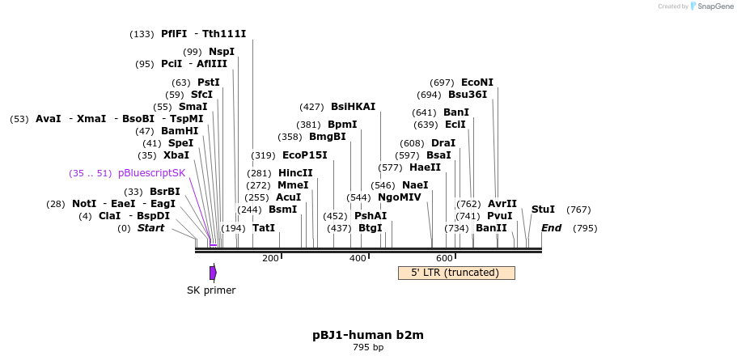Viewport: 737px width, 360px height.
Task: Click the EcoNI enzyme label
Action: tap(477, 83)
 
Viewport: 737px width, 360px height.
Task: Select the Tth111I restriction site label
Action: tap(224, 34)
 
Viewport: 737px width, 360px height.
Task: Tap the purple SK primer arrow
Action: tap(213, 273)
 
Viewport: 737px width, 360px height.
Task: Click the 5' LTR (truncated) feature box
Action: tap(456, 273)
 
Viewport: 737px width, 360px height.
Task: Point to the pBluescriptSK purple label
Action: tap(151, 173)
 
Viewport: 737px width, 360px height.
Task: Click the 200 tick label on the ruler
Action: tap(270, 258)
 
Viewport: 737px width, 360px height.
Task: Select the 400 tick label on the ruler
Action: tap(358, 258)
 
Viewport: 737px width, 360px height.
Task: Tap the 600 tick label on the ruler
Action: tap(444, 258)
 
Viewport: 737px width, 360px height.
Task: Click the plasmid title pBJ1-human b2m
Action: tap(368, 335)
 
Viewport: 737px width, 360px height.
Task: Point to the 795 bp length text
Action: tap(368, 348)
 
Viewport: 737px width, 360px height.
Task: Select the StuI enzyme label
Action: tap(543, 210)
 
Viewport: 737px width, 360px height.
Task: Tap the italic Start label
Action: tap(150, 228)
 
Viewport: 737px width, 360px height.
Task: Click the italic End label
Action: tap(551, 228)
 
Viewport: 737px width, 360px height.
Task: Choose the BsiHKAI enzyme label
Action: tap(353, 107)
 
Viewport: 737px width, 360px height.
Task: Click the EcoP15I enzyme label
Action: tap(304, 155)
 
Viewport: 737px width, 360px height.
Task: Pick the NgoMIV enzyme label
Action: tap(400, 197)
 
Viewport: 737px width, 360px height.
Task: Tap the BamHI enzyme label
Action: tap(179, 131)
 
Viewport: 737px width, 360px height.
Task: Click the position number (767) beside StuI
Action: tap(578, 210)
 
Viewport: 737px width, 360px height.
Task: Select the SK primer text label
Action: tap(211, 290)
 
